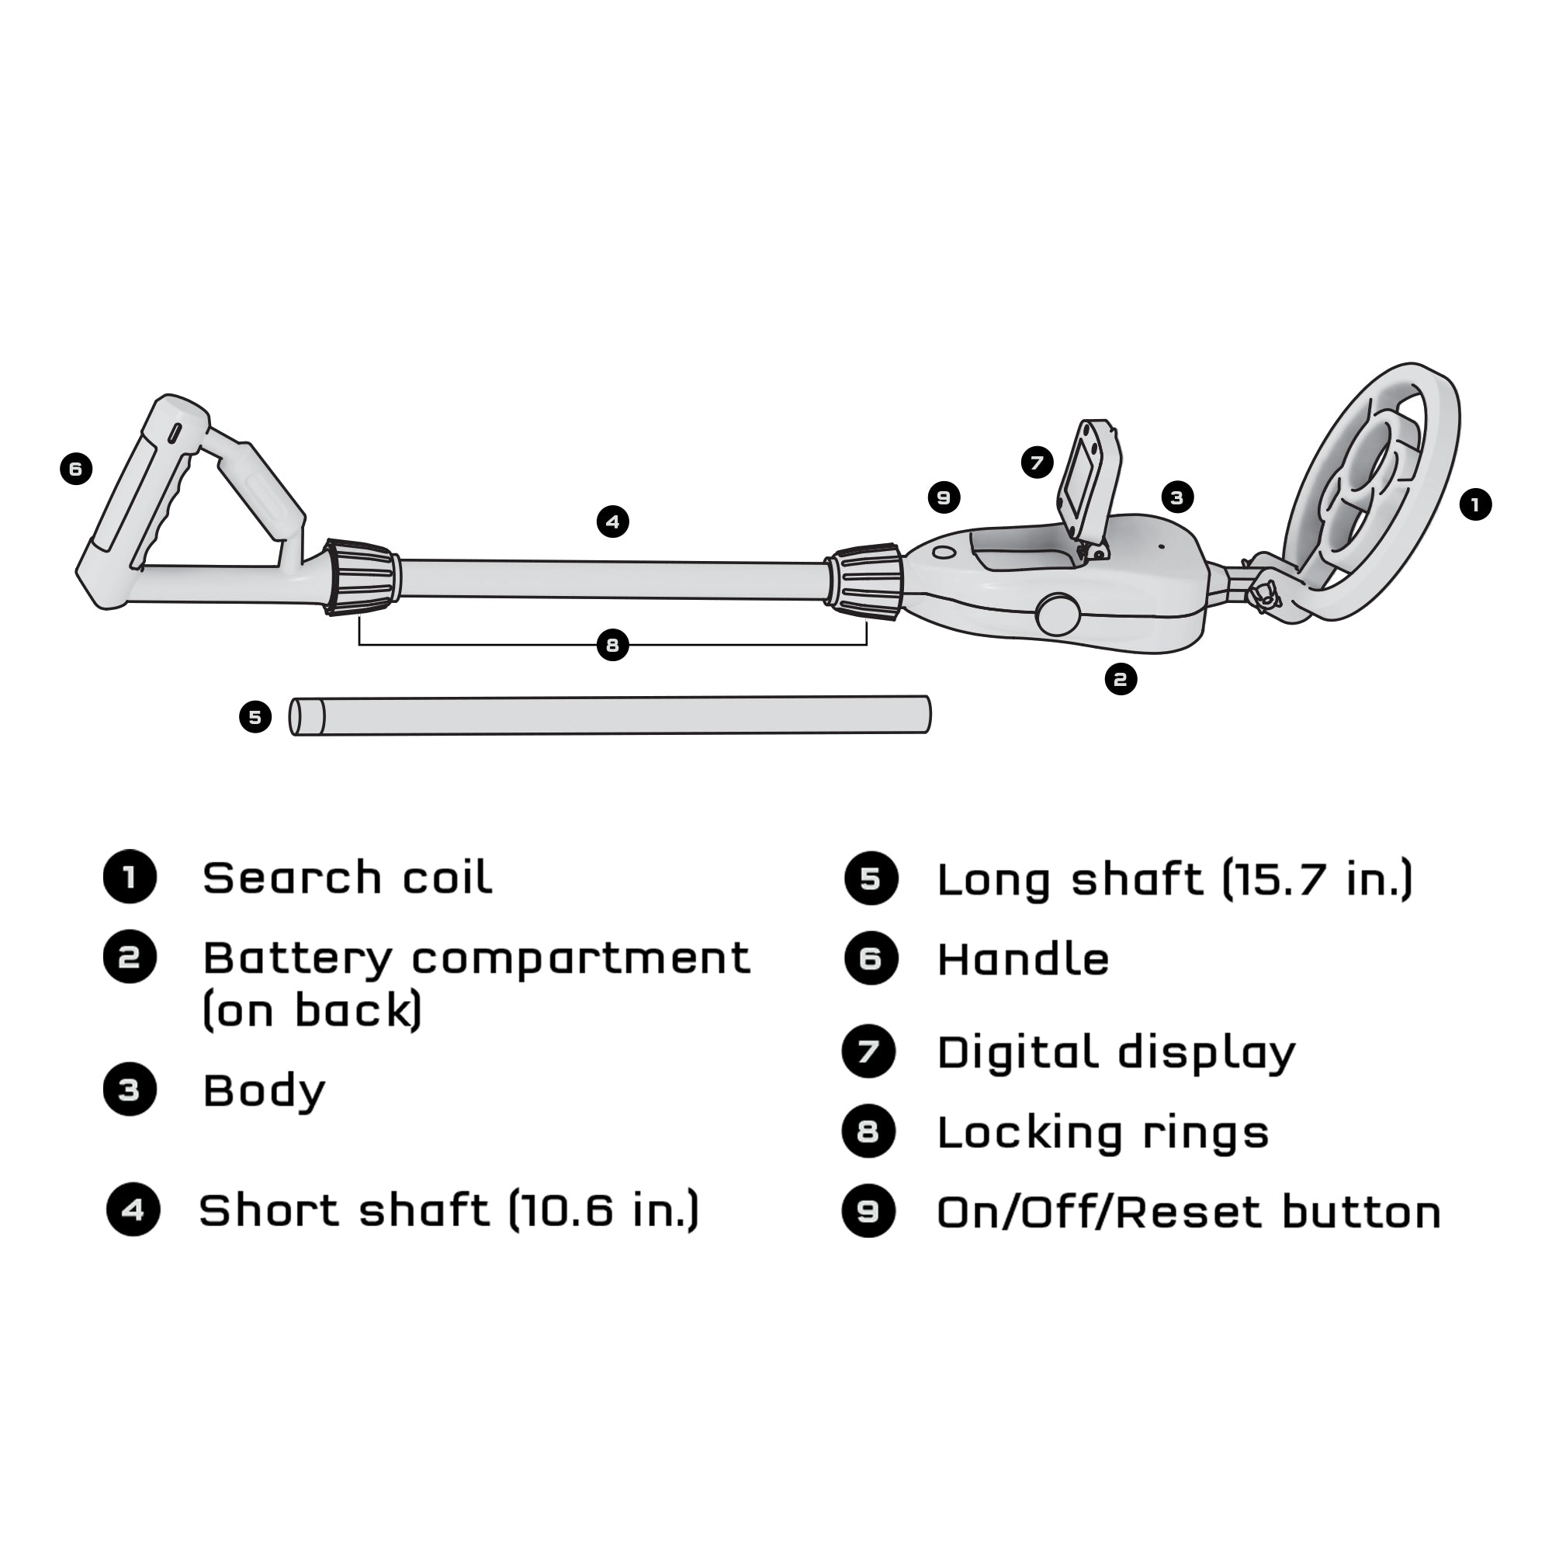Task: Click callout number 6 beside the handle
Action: (x=75, y=469)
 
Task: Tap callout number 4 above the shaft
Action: (x=613, y=522)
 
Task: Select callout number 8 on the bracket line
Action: (x=613, y=645)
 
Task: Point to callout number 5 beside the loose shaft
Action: (x=255, y=716)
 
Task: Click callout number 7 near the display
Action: (x=1037, y=462)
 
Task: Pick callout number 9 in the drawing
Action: (x=944, y=497)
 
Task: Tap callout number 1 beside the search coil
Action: (x=1475, y=504)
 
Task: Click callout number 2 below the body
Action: (x=1121, y=680)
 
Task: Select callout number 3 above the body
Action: (x=1177, y=497)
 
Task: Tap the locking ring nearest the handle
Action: (x=360, y=577)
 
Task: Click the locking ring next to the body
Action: (x=866, y=583)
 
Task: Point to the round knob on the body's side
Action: (x=1058, y=615)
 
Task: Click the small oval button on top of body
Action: (x=944, y=553)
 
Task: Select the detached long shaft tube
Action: (x=611, y=715)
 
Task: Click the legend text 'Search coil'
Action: (x=347, y=877)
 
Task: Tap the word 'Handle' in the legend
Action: (x=1023, y=960)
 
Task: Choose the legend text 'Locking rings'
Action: (x=1102, y=1134)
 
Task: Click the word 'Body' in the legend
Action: (x=264, y=1091)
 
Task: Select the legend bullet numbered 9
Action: (x=868, y=1211)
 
